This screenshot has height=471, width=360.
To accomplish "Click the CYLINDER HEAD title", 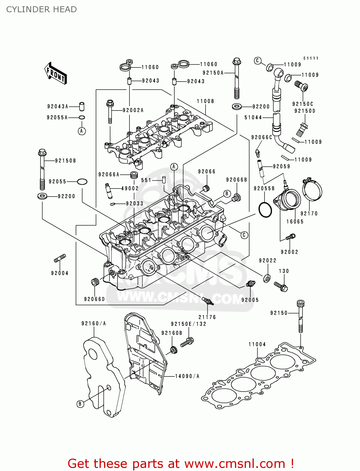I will tap(41, 9).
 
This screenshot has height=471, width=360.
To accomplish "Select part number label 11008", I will tap(205, 101).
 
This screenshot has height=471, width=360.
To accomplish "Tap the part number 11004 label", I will tap(257, 344).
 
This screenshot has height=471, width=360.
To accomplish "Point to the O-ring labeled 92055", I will tap(82, 181).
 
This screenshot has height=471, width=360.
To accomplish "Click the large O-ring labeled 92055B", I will tap(265, 209).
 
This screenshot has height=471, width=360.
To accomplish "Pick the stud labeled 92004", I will tap(60, 258).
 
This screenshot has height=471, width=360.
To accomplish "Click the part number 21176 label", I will tap(207, 317).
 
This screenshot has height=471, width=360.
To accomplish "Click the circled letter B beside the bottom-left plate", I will tap(80, 404).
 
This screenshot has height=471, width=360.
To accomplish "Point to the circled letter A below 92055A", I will tap(82, 131).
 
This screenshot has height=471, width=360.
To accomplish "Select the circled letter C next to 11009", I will tap(258, 61).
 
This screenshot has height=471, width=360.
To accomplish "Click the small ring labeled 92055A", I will tap(82, 117).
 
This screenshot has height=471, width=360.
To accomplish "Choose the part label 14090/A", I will tap(187, 376).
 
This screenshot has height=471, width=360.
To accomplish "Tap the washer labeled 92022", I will tap(267, 278).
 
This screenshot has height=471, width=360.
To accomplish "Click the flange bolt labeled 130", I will tap(281, 286).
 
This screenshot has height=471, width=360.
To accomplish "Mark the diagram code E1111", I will tap(311, 58).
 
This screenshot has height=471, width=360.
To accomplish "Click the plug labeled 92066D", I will tap(95, 282).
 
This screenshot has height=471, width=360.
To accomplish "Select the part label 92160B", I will tap(172, 333).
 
